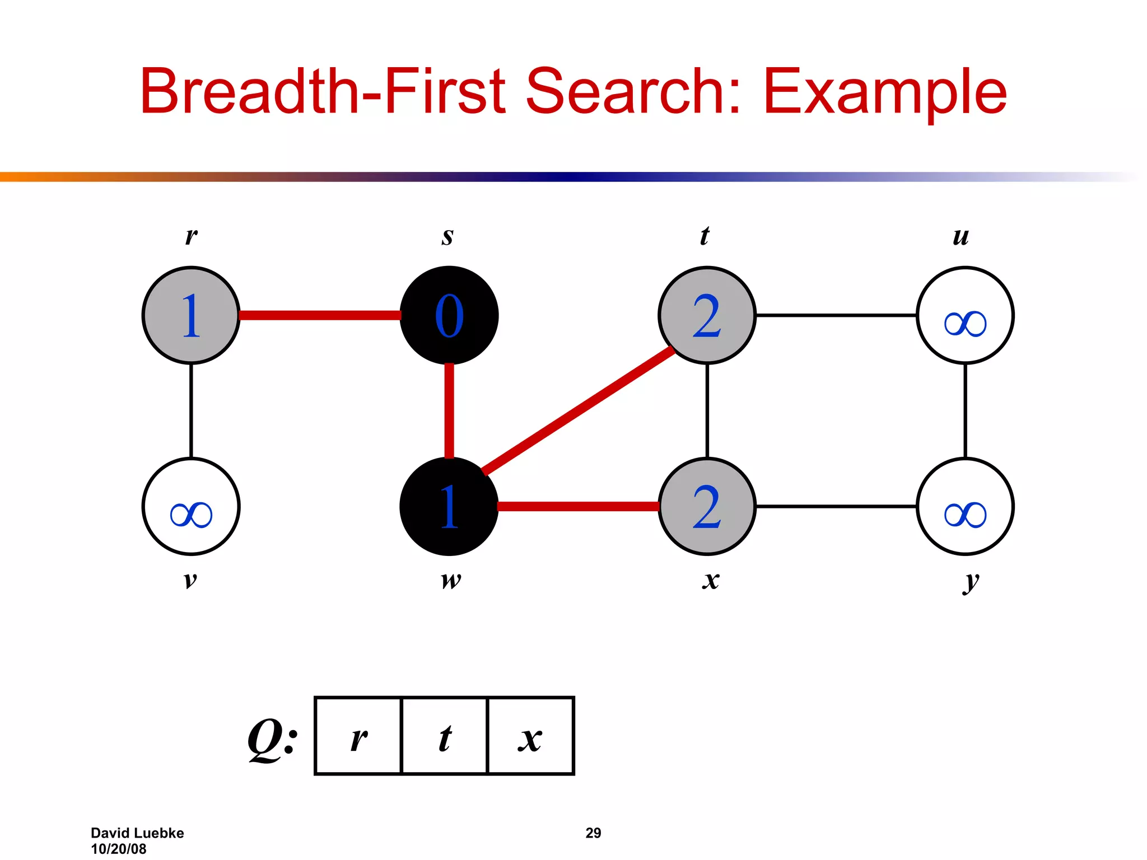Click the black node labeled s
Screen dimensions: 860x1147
coord(449,315)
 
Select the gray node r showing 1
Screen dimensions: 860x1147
coord(191,315)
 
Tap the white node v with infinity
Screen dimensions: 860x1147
coord(191,507)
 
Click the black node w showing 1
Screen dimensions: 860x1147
coord(449,507)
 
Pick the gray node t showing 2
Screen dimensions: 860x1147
coord(707,315)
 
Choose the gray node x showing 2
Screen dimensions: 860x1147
coord(707,507)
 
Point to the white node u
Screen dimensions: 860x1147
coord(965,315)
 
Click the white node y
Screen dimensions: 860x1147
coord(965,507)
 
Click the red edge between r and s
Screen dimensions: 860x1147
coord(320,315)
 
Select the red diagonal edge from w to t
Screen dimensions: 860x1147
coord(578,410)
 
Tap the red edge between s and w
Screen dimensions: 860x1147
coord(449,410)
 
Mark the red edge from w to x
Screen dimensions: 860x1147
coord(578,507)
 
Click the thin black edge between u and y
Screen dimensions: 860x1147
coord(965,410)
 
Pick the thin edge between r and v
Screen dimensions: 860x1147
coord(191,410)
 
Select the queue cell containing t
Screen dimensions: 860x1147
coord(445,736)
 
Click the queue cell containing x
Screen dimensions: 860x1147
coord(531,736)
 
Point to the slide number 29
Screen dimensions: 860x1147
coord(593,833)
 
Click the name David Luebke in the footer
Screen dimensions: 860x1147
coord(137,833)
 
